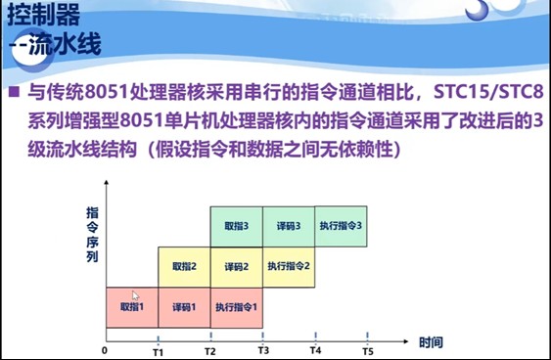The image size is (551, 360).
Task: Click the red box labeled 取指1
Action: click(x=131, y=306)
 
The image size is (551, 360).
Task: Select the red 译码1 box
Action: click(x=184, y=306)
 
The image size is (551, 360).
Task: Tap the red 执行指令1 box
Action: click(x=236, y=306)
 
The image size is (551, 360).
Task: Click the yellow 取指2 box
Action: click(x=184, y=266)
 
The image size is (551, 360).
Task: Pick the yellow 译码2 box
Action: click(x=236, y=266)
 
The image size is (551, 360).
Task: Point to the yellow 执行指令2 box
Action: click(x=289, y=266)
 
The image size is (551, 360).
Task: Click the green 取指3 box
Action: click(x=236, y=226)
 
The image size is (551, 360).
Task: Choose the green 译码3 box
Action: click(x=289, y=226)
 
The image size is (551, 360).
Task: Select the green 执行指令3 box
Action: click(x=342, y=226)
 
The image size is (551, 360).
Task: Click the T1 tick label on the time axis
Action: click(x=158, y=350)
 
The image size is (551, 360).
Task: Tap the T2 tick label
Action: click(x=209, y=350)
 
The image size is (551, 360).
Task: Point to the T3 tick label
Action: click(x=262, y=350)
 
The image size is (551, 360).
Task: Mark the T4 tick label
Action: click(x=315, y=350)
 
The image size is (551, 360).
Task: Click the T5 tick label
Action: click(x=367, y=350)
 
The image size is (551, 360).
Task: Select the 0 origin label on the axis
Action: click(x=105, y=350)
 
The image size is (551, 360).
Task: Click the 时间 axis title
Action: click(x=431, y=343)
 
